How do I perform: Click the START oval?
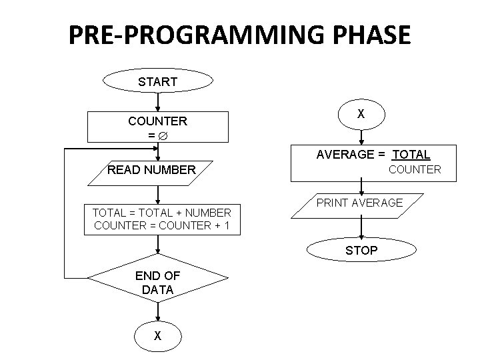click(x=157, y=81)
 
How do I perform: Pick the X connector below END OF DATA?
click(x=157, y=336)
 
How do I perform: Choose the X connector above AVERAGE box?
click(x=361, y=114)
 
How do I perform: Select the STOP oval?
click(x=361, y=251)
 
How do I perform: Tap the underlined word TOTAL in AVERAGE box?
click(x=411, y=155)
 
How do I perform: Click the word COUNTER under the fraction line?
click(x=415, y=169)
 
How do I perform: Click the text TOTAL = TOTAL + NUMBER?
click(x=161, y=213)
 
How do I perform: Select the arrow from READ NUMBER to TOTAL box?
click(x=157, y=193)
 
